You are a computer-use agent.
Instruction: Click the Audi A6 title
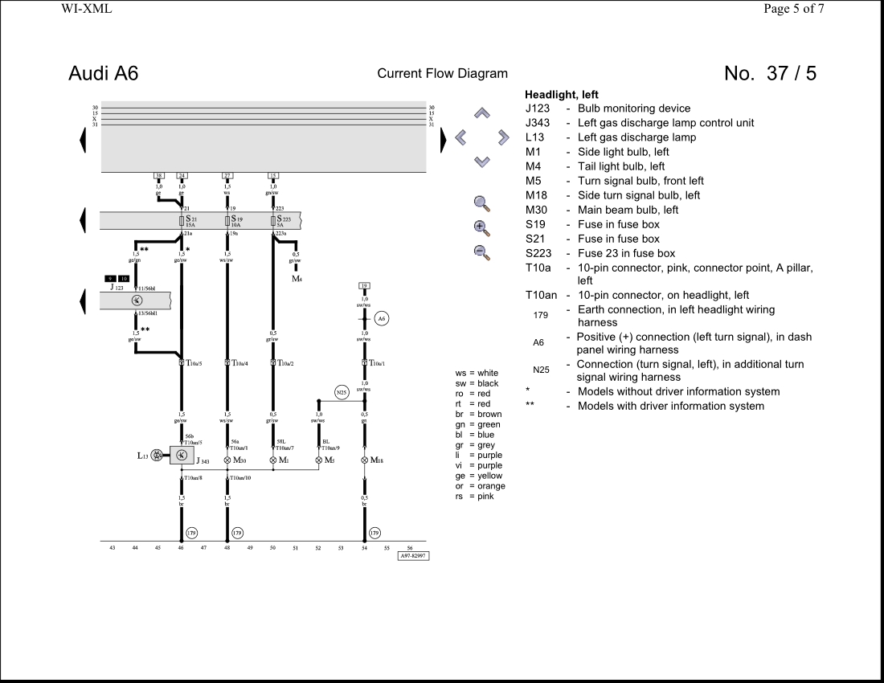[103, 73]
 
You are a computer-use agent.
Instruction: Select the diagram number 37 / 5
[770, 73]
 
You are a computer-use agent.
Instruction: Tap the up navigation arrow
[482, 113]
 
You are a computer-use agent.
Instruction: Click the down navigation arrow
[482, 162]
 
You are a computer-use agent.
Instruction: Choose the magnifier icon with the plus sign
[481, 227]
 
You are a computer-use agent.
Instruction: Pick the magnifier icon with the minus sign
[481, 252]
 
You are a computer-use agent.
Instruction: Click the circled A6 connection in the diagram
[383, 318]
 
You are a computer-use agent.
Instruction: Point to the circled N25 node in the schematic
[342, 393]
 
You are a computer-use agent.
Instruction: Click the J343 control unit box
[182, 456]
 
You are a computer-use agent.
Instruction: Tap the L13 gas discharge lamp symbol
[158, 456]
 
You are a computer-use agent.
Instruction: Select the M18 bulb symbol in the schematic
[365, 460]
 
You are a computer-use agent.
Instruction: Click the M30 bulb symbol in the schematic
[227, 460]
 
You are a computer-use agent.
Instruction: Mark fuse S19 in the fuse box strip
[227, 220]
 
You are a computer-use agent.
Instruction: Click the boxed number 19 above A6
[364, 286]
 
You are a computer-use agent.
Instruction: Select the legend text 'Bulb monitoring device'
[634, 108]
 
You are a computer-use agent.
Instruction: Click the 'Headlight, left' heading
[562, 95]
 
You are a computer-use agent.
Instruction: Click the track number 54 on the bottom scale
[365, 547]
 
